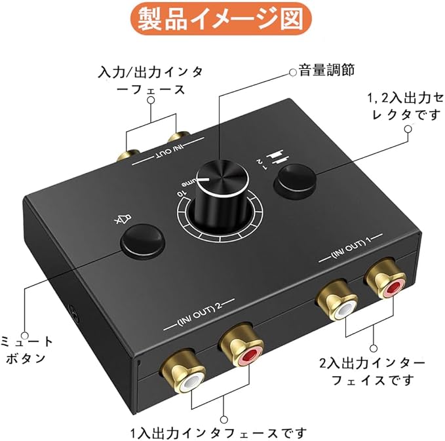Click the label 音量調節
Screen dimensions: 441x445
[x=326, y=70]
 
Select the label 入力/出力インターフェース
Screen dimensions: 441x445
[x=150, y=78]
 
